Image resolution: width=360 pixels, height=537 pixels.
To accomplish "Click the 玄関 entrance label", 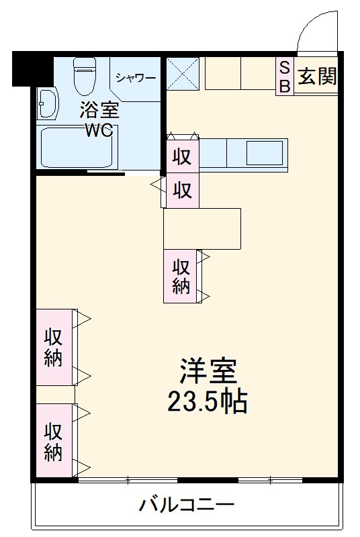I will [318, 77].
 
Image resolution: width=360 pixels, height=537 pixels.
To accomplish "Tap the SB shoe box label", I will [284, 77].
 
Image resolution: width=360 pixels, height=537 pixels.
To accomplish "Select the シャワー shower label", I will [135, 78].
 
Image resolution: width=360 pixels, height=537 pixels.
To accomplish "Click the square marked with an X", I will [183, 73].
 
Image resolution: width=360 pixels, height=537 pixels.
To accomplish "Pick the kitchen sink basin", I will [264, 154].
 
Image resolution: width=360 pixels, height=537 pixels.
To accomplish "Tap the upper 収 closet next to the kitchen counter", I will [183, 156].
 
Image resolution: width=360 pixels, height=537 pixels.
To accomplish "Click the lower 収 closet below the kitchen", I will [183, 191].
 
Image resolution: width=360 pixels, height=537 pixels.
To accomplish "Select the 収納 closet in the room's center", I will [181, 275].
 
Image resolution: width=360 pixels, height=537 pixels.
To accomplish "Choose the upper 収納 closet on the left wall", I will [54, 347].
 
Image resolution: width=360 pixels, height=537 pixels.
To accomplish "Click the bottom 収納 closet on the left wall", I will [54, 441].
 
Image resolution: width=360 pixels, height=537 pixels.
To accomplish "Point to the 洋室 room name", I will [208, 370].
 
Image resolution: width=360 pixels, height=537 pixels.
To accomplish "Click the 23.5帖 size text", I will [208, 403].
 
